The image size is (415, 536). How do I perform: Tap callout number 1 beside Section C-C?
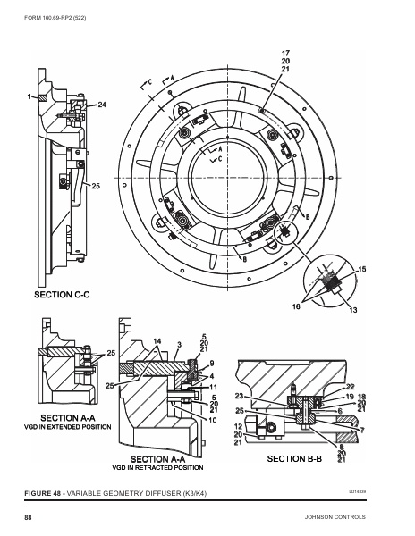pos(29,95)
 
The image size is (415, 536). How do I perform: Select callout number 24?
pos(102,105)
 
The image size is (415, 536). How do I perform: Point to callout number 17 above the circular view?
pos(285,53)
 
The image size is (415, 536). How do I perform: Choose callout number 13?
pos(353,310)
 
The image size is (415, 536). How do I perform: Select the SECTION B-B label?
pos(295,457)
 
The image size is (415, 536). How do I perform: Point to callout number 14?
pos(157,341)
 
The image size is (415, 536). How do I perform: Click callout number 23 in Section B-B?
pos(239,396)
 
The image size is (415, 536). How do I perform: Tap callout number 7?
pos(362,429)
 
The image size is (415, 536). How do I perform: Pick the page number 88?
pos(28,517)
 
